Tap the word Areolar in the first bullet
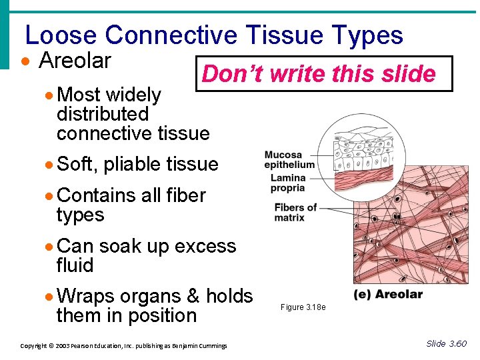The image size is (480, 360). coord(75,61)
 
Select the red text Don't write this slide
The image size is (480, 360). coord(319,73)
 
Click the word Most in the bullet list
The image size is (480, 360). coord(78,95)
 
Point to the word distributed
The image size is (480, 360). coord(102,114)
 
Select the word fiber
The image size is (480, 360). coord(185,195)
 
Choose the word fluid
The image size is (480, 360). coord(75,265)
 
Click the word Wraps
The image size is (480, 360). coord(85,296)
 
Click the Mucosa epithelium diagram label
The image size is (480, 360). coord(289,160)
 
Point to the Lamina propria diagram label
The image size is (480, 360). coord(288,183)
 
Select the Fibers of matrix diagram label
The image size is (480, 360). coord(295,212)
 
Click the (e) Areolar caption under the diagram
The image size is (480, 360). coord(388,294)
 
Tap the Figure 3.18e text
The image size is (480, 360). coord(303,307)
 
